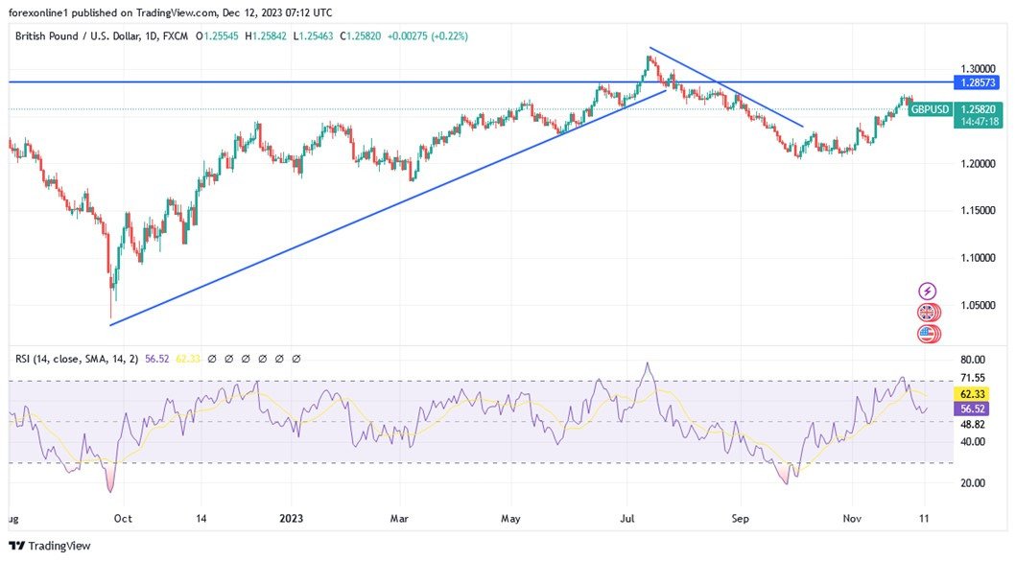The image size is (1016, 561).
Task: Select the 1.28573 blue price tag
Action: (978, 82)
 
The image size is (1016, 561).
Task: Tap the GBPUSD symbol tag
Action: (931, 109)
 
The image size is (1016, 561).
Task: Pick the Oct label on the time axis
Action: (122, 517)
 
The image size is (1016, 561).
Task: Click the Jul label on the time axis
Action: (627, 517)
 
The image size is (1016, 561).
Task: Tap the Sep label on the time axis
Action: (740, 517)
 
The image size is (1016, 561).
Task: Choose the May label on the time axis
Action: (511, 517)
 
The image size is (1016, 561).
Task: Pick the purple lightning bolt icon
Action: (927, 291)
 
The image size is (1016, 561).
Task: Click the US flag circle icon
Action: (927, 334)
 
